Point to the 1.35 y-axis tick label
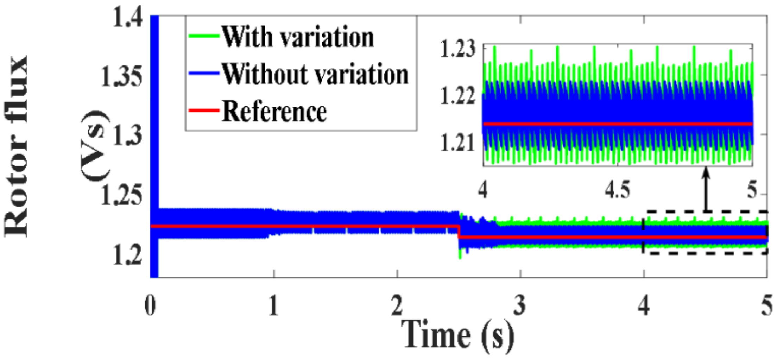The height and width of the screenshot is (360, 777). tap(121, 76)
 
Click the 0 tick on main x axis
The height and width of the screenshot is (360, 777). tap(150, 305)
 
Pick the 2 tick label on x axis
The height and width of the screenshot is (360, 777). tap(397, 305)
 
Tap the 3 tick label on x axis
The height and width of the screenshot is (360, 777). tap(520, 305)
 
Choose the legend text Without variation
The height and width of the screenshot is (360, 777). tap(315, 74)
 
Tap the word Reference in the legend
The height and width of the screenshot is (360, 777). tap(274, 111)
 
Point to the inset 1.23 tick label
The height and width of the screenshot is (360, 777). tap(457, 49)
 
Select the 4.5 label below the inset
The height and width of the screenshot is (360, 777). tap(617, 190)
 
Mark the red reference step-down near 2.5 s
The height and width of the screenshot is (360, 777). tap(459, 232)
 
